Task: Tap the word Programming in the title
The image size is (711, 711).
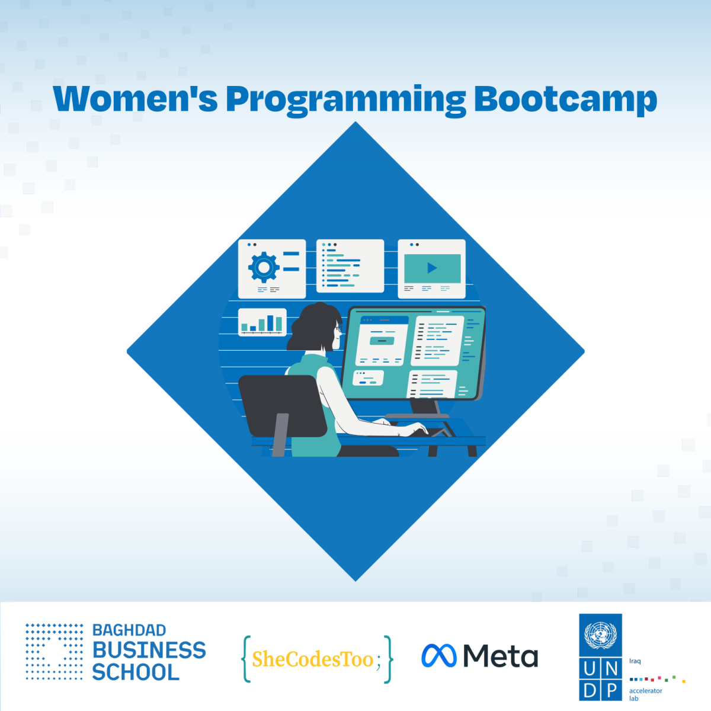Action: tap(345, 101)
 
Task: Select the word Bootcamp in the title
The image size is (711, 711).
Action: tap(566, 100)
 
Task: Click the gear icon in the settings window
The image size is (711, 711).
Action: tap(264, 267)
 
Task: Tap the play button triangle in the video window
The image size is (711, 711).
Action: tap(432, 268)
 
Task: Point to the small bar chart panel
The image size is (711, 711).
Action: tap(262, 322)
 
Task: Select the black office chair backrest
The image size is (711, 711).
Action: tap(283, 406)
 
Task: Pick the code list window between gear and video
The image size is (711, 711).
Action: tap(350, 265)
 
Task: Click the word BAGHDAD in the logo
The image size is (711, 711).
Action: tap(129, 630)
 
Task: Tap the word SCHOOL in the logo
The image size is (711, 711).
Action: tap(136, 672)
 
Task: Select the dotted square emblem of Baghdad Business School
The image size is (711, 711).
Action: tap(55, 652)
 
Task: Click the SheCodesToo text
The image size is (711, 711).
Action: tap(312, 659)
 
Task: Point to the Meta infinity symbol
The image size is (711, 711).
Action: tap(438, 656)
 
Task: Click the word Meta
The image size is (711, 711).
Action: tap(500, 656)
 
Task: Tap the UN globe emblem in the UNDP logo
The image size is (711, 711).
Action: tap(600, 635)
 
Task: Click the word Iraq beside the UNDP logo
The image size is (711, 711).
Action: tap(635, 661)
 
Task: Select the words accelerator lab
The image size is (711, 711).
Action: tap(646, 694)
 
